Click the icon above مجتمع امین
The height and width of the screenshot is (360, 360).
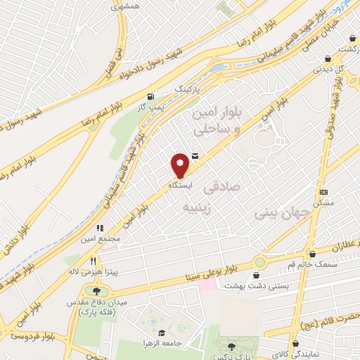click(x=101, y=229)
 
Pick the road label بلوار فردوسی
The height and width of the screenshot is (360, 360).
click(x=19, y=327)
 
